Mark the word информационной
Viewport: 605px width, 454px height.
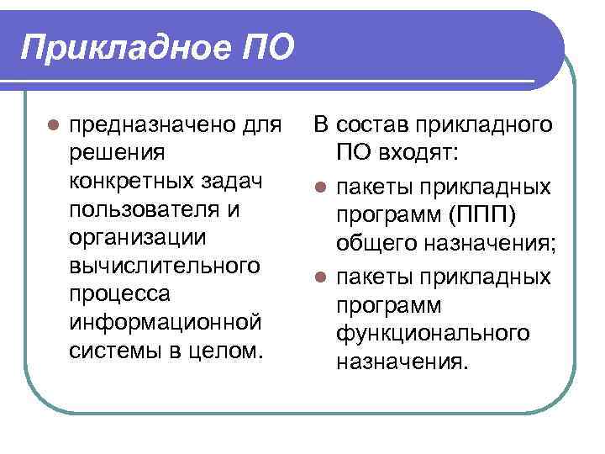(162, 322)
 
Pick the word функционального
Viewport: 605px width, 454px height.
(433, 333)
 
